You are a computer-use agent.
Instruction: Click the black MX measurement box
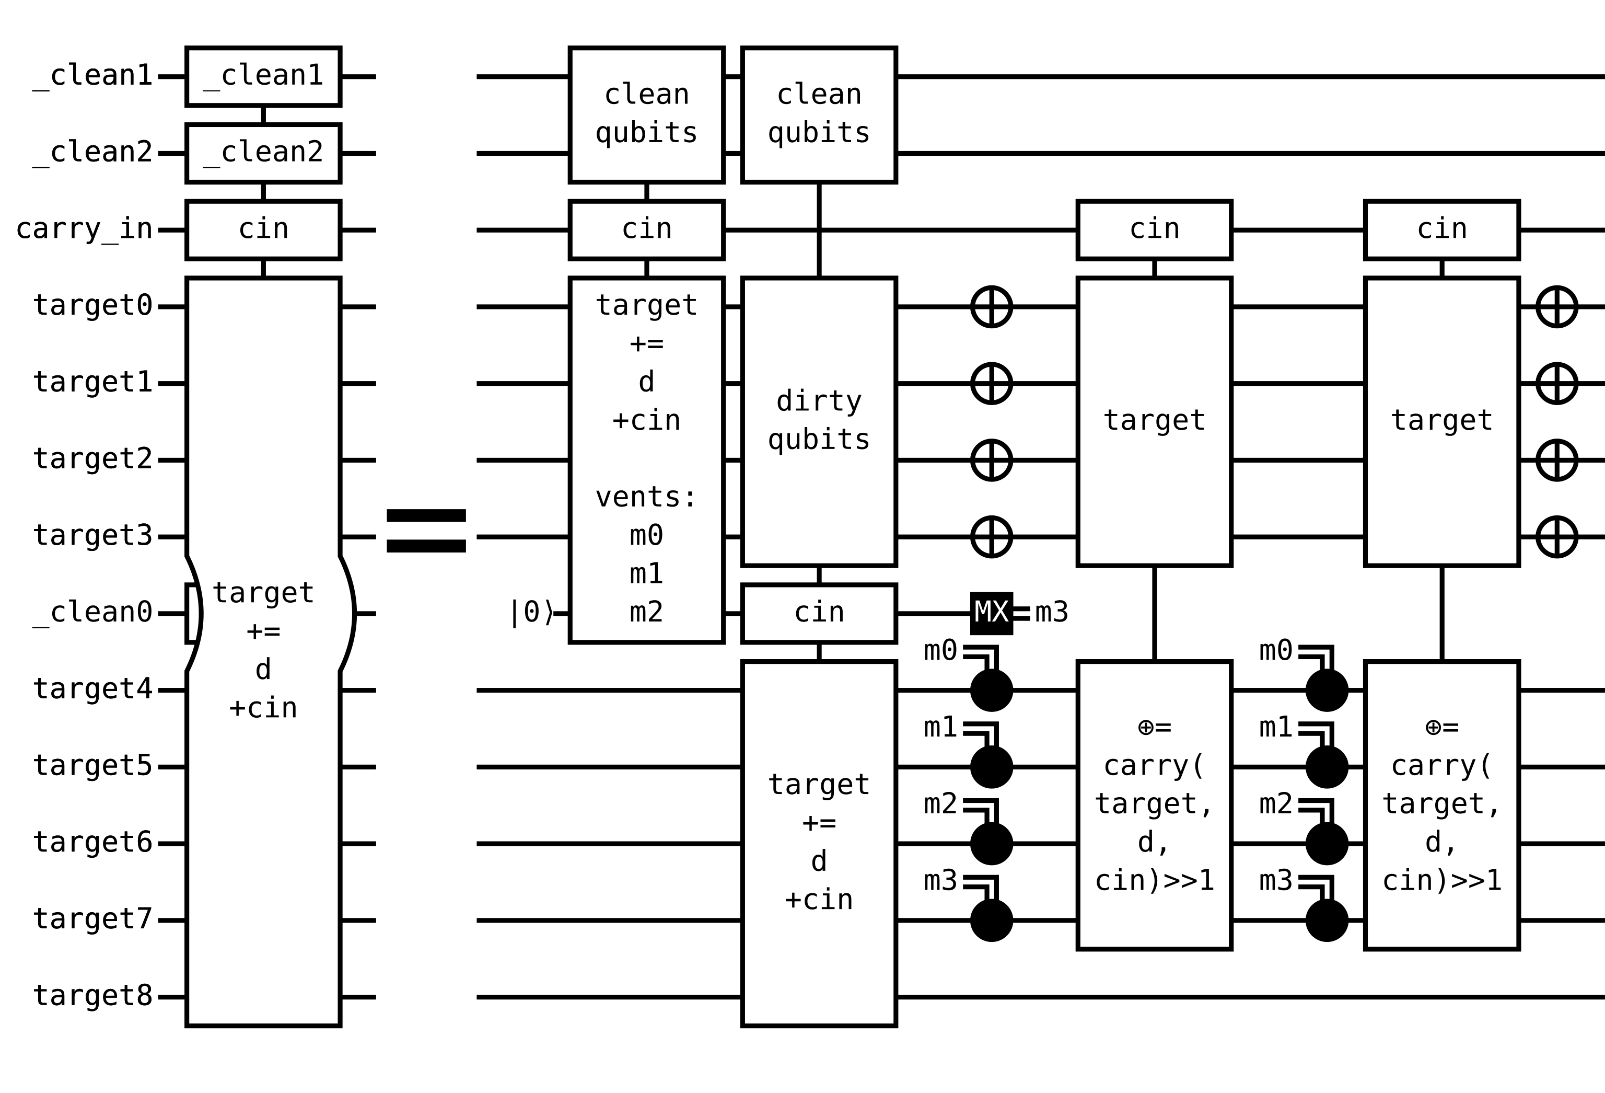(991, 613)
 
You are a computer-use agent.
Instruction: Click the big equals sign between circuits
(426, 531)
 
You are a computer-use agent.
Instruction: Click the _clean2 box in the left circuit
(263, 153)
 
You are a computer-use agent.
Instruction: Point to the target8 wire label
(92, 996)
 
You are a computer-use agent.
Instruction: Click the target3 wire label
(92, 535)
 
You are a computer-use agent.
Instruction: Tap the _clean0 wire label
(92, 612)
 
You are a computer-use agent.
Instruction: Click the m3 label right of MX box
(1051, 612)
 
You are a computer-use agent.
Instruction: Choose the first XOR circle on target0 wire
(991, 306)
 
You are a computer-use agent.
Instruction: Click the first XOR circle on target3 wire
(991, 536)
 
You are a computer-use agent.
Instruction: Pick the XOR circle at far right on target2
(1556, 459)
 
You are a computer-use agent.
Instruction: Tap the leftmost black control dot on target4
(991, 689)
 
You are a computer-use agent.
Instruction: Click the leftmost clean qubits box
(646, 114)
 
